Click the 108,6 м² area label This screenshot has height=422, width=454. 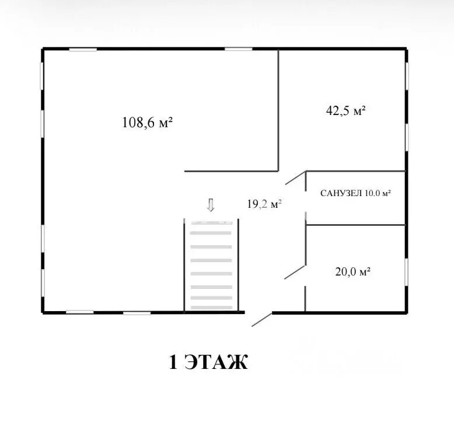click(x=148, y=123)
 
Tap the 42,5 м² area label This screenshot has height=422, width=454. click(x=345, y=111)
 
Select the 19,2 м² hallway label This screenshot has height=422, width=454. click(x=264, y=204)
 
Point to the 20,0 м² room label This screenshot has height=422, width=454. click(x=352, y=271)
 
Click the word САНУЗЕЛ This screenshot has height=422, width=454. click(x=341, y=193)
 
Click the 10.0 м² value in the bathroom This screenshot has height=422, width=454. click(x=378, y=193)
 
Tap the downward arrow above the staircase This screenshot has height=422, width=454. click(x=211, y=205)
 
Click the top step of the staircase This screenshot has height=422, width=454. click(x=212, y=223)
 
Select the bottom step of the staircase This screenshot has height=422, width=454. click(x=212, y=308)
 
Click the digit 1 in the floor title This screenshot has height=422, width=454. click(x=173, y=362)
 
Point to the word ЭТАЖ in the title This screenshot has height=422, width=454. click(x=216, y=362)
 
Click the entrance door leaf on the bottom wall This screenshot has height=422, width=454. click(x=262, y=319)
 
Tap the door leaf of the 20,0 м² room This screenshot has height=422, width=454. click(x=295, y=272)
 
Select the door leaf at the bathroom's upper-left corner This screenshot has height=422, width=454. click(x=296, y=177)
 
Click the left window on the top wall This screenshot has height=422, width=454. click(x=83, y=50)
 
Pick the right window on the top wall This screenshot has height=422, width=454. click(x=238, y=49)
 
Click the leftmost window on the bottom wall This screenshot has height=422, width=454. click(x=79, y=312)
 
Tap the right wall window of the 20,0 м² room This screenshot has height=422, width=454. click(x=407, y=271)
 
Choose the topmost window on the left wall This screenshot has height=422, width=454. click(x=41, y=76)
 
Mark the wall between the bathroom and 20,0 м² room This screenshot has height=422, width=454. click(x=355, y=225)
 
